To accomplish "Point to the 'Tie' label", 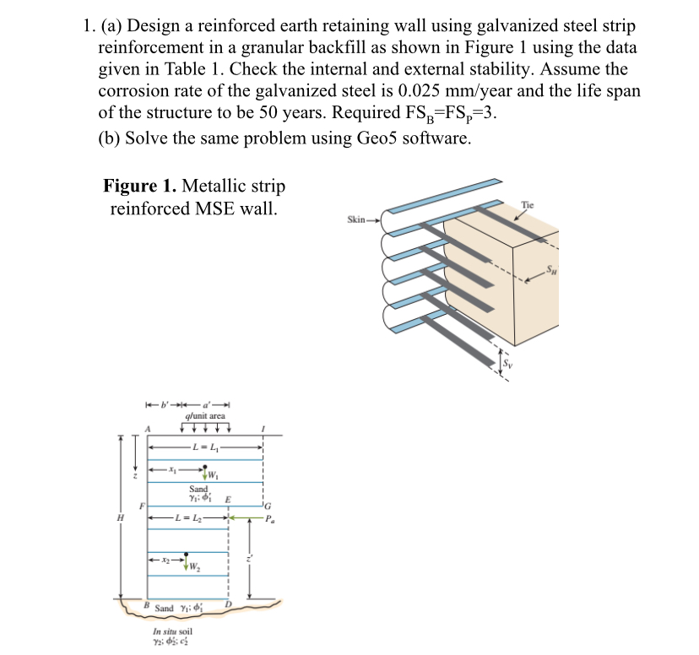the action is coord(528,205).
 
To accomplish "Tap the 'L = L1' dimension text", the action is coord(206,447).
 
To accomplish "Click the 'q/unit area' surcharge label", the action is coord(203,415).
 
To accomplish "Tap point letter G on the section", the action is coord(267,507).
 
